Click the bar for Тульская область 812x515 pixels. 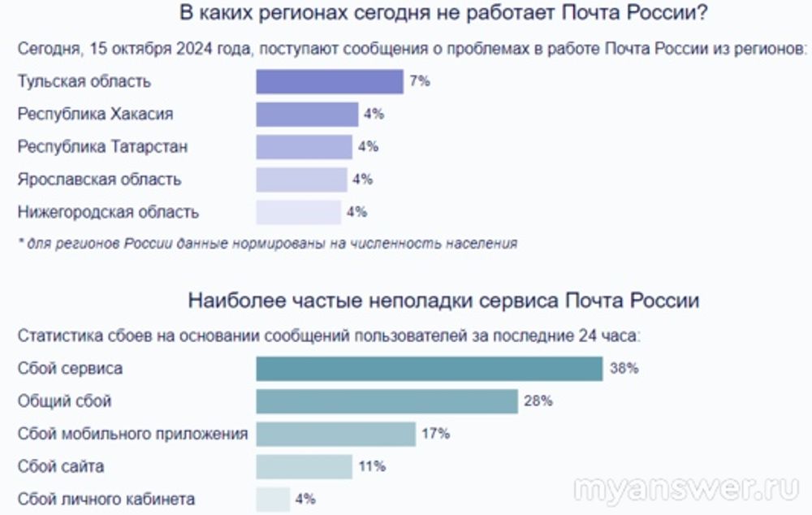pos(329,82)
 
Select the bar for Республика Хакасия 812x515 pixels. pos(306,115)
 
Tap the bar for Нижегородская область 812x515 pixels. pos(298,212)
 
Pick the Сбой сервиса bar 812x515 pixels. pos(429,369)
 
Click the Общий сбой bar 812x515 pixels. pos(387,401)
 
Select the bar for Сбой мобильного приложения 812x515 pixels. pos(335,434)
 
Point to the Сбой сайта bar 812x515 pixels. pos(304,466)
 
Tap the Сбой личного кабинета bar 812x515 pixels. pos(273,499)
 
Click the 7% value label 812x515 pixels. pos(420,82)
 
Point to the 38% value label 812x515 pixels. pos(624,369)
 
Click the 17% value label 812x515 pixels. pos(436,434)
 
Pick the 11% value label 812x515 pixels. pos(372,466)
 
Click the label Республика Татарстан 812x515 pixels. pos(102,147)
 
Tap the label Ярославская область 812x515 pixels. pos(99,180)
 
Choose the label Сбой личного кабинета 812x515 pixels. pos(106,499)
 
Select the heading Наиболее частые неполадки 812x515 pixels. pos(443,301)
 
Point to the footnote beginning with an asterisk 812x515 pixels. pos(267,243)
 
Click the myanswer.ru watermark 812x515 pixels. pos(686,489)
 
